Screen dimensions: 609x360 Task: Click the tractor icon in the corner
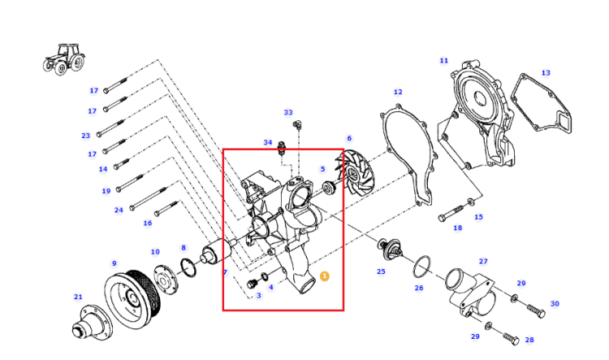click(64, 59)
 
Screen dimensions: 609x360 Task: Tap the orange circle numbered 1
click(324, 276)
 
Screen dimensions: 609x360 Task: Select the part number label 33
click(287, 112)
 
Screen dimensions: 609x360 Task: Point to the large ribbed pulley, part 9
click(132, 298)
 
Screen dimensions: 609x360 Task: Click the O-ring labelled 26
click(422, 267)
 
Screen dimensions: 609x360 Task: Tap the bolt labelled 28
click(511, 339)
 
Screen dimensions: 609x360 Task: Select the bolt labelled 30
click(536, 311)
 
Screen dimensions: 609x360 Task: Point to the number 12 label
click(398, 92)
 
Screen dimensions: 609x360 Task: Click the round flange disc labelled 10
click(166, 279)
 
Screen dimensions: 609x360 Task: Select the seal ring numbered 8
click(188, 268)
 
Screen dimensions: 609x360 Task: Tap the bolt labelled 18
click(451, 213)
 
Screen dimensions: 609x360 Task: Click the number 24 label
click(119, 210)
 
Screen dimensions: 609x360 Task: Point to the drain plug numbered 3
click(251, 284)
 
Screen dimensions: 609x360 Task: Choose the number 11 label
click(444, 61)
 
